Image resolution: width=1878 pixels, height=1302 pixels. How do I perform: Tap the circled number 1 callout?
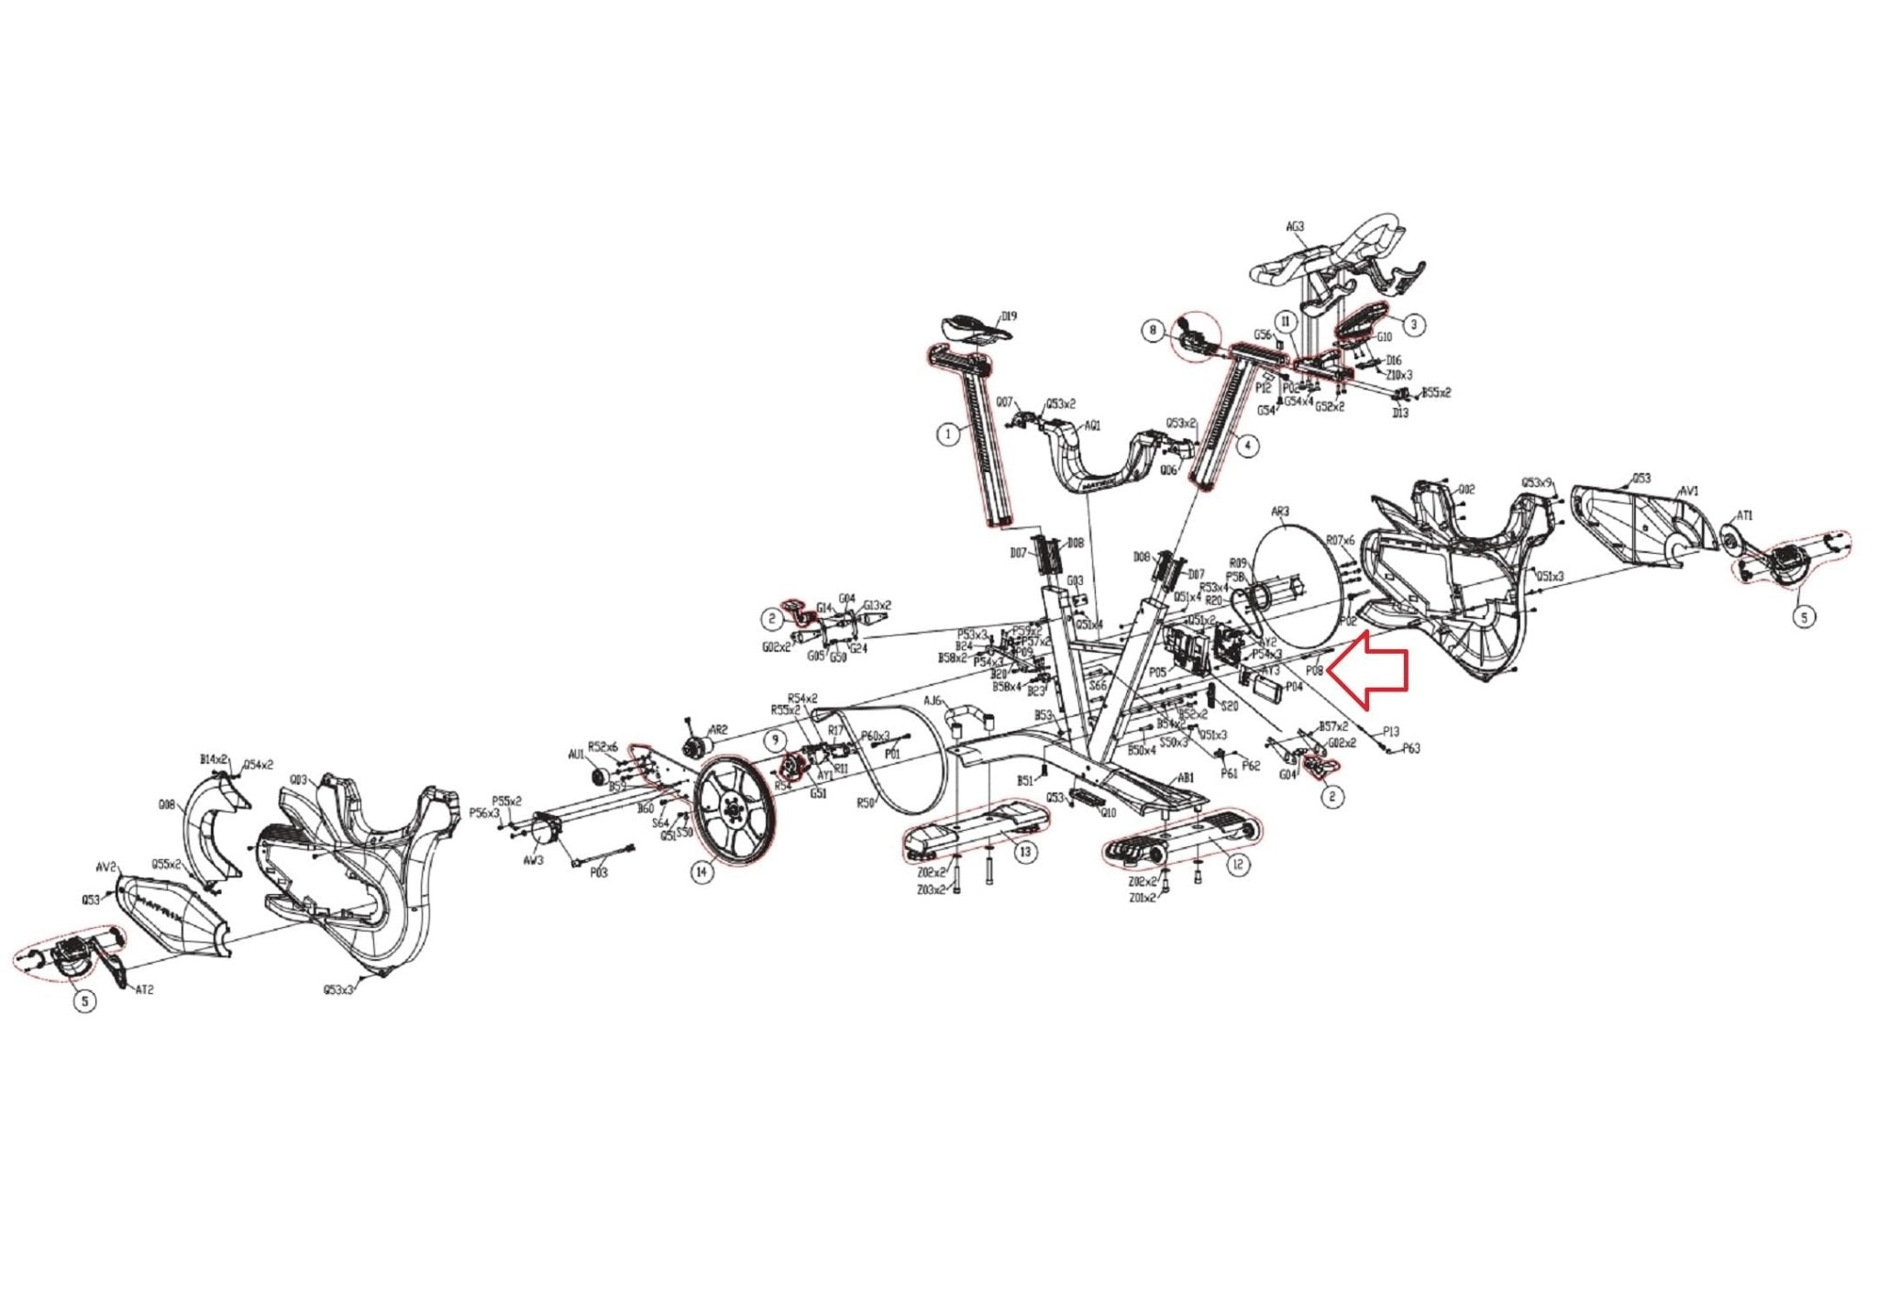click(x=948, y=435)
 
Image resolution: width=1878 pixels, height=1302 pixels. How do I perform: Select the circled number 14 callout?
click(x=701, y=871)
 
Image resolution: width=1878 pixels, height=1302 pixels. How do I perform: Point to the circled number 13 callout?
click(x=1024, y=852)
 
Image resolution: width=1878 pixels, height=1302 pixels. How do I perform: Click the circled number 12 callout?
click(x=1238, y=865)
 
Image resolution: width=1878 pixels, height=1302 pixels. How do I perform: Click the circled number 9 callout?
click(x=776, y=738)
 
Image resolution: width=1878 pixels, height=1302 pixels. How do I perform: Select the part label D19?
click(x=1009, y=316)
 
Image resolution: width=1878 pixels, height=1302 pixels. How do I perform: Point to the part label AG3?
click(x=1295, y=226)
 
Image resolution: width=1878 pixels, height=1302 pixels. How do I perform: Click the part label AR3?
click(x=1280, y=512)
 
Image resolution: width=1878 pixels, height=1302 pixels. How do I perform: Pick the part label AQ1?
click(x=1092, y=425)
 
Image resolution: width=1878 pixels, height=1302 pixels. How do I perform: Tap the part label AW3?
click(x=532, y=860)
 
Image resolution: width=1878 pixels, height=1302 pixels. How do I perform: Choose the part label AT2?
click(x=144, y=990)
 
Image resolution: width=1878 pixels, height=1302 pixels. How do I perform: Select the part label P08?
click(x=1315, y=670)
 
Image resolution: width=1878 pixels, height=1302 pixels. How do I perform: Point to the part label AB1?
click(x=1186, y=777)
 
